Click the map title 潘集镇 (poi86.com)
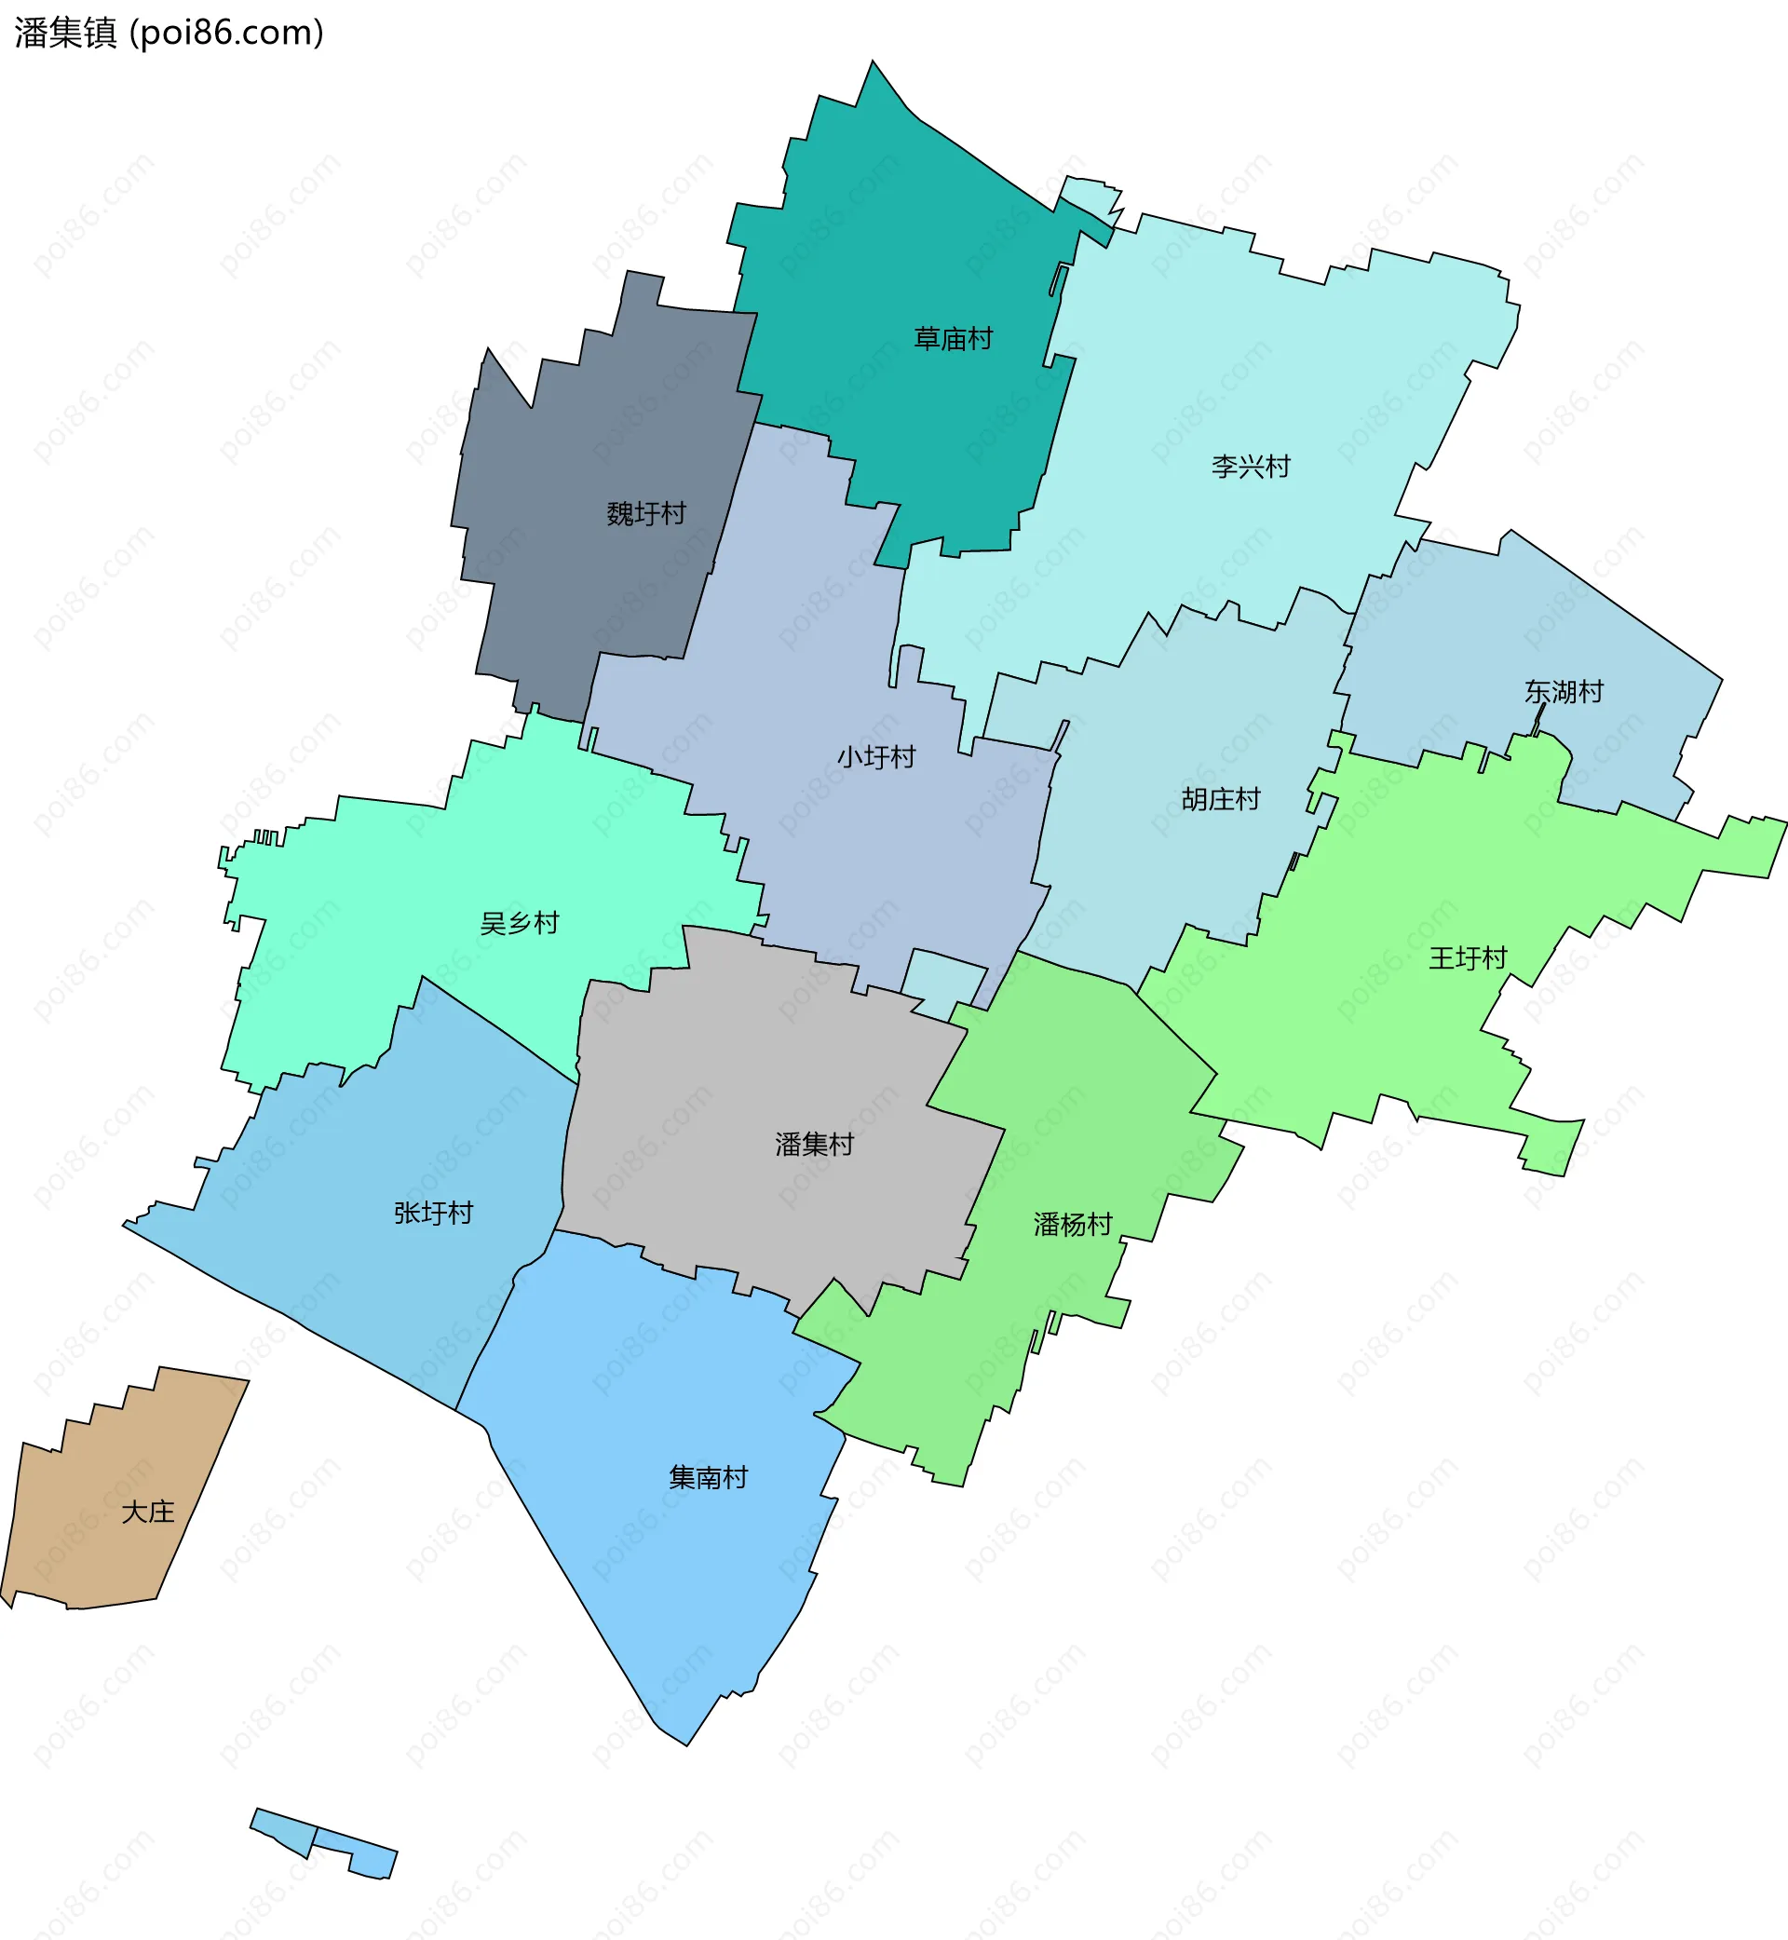pyautogui.click(x=169, y=33)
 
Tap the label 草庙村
pyautogui.click(x=953, y=339)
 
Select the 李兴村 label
pyautogui.click(x=1250, y=467)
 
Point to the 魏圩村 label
pyautogui.click(x=645, y=513)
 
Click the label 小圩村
pyautogui.click(x=875, y=756)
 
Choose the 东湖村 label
pyautogui.click(x=1564, y=691)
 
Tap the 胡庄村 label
pyautogui.click(x=1220, y=799)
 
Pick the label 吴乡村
pyautogui.click(x=520, y=923)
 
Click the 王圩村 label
pyautogui.click(x=1467, y=958)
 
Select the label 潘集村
pyautogui.click(x=814, y=1145)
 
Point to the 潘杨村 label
pyautogui.click(x=1072, y=1224)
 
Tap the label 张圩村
pyautogui.click(x=432, y=1213)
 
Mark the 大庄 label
pyautogui.click(x=147, y=1512)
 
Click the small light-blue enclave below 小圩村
pyautogui.click(x=943, y=982)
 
